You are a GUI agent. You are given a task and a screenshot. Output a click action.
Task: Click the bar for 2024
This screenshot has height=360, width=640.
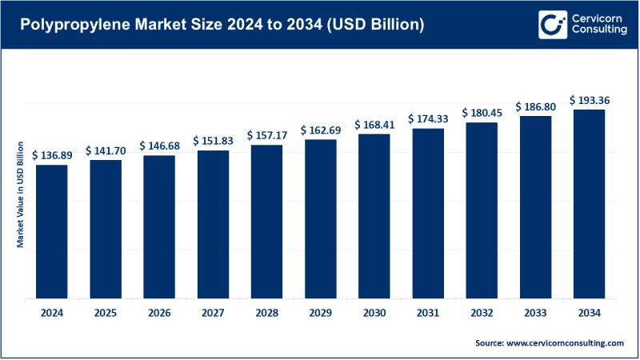pyautogui.click(x=52, y=232)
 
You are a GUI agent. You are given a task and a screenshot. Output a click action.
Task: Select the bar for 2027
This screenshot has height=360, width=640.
pyautogui.click(x=213, y=225)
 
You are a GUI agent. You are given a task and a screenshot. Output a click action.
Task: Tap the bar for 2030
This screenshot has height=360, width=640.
pyautogui.click(x=374, y=217)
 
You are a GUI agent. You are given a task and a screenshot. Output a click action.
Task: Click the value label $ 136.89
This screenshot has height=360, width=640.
pyautogui.click(x=52, y=155)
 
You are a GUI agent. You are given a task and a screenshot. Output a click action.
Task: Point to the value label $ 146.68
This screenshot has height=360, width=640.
pyautogui.click(x=159, y=146)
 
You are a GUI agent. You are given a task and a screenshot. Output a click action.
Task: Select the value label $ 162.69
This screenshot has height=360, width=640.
pyautogui.click(x=320, y=130)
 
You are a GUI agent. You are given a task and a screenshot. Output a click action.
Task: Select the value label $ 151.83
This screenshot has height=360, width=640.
pyautogui.click(x=213, y=140)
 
